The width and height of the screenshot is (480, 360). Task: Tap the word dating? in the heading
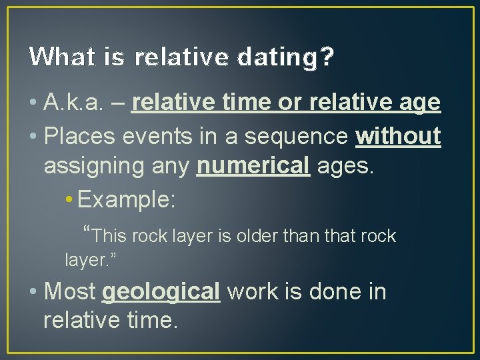click(293, 58)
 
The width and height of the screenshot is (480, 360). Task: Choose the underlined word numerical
click(254, 167)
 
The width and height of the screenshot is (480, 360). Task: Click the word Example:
click(127, 200)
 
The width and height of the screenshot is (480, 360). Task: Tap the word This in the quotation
click(109, 236)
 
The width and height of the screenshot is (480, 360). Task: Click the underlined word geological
click(161, 292)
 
